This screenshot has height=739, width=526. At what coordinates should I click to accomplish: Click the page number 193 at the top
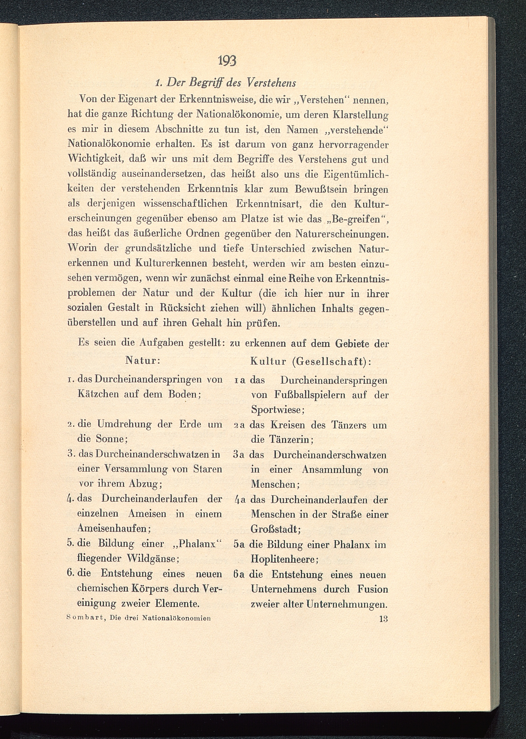[227, 61]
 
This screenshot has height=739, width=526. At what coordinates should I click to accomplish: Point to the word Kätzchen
[98, 394]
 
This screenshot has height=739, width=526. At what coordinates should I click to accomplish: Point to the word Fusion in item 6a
[372, 589]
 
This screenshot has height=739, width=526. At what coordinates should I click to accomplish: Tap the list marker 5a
[239, 544]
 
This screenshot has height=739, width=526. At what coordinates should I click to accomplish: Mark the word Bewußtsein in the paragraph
[320, 189]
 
